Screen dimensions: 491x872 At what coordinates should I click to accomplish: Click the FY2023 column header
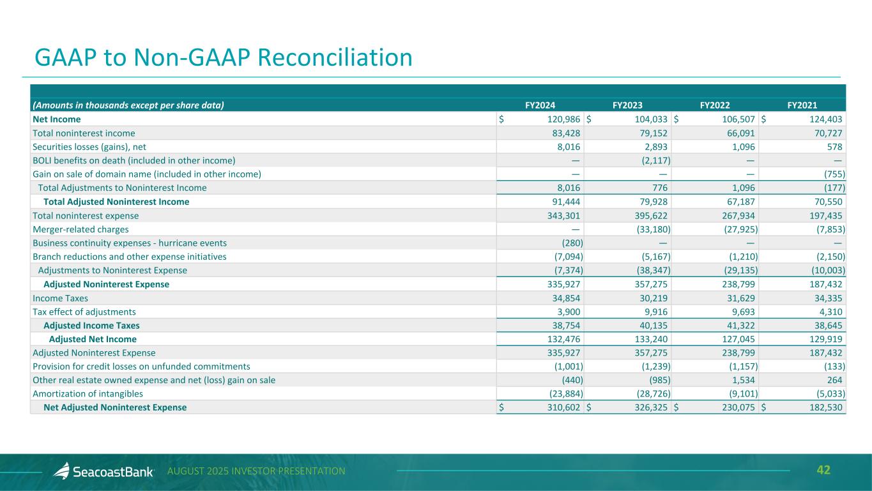click(x=627, y=105)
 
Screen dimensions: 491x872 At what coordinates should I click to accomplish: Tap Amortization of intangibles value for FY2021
click(x=829, y=394)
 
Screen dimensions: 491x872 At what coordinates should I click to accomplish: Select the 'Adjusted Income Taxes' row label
click(x=91, y=326)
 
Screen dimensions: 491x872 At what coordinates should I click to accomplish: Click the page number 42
click(x=824, y=471)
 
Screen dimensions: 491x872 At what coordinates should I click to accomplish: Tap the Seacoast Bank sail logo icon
click(x=61, y=471)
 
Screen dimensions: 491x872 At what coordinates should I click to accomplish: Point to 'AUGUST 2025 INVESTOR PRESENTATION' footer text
click(x=256, y=471)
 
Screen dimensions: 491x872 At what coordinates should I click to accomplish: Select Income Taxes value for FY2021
click(x=829, y=298)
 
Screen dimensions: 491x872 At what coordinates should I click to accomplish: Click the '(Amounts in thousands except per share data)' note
click(x=128, y=105)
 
